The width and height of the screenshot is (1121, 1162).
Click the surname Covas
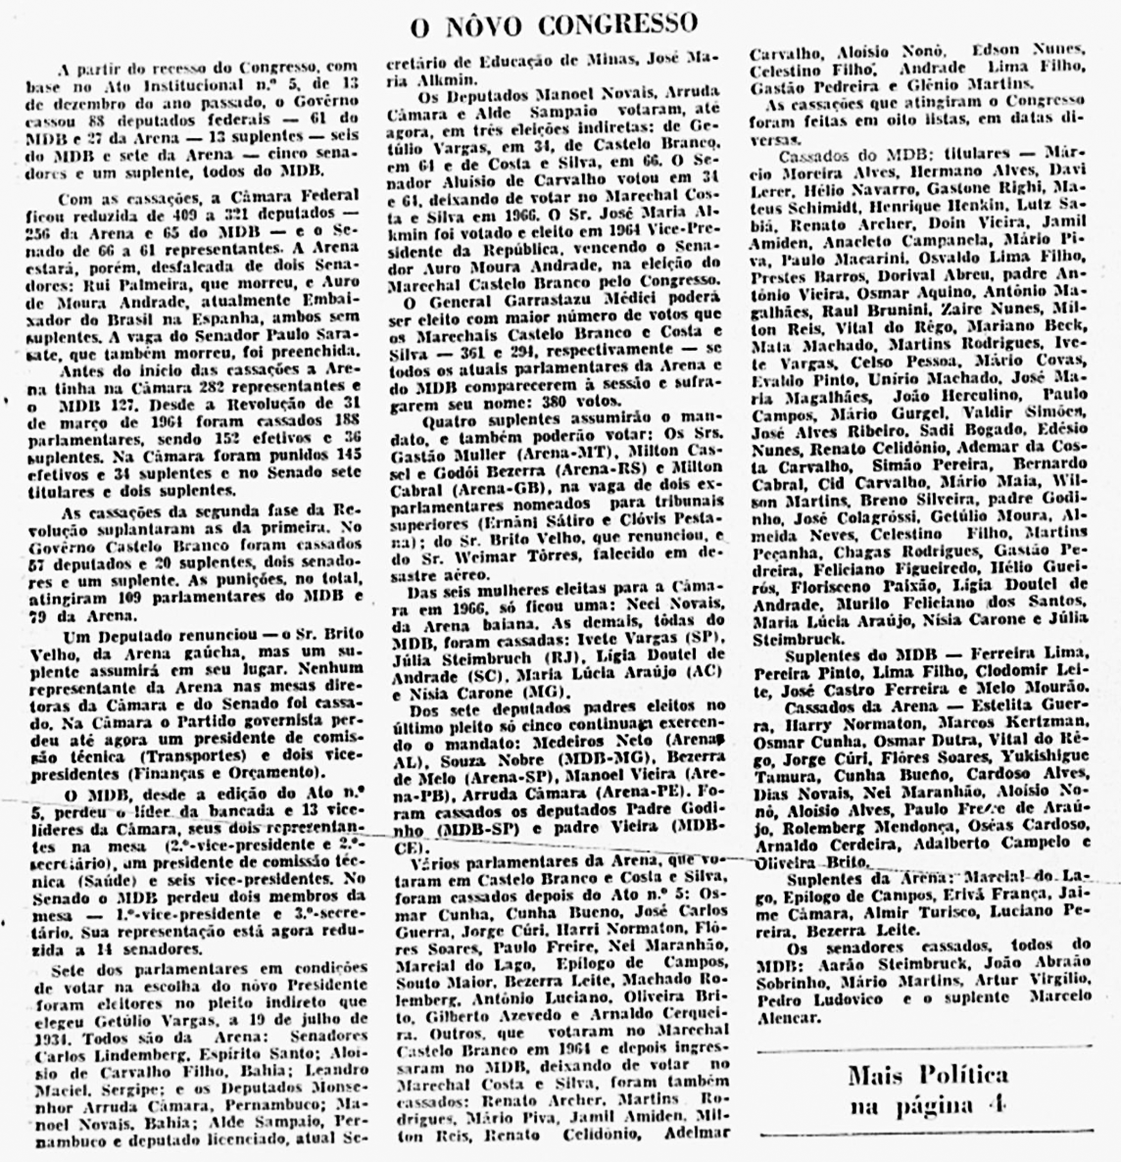tap(1042, 363)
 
